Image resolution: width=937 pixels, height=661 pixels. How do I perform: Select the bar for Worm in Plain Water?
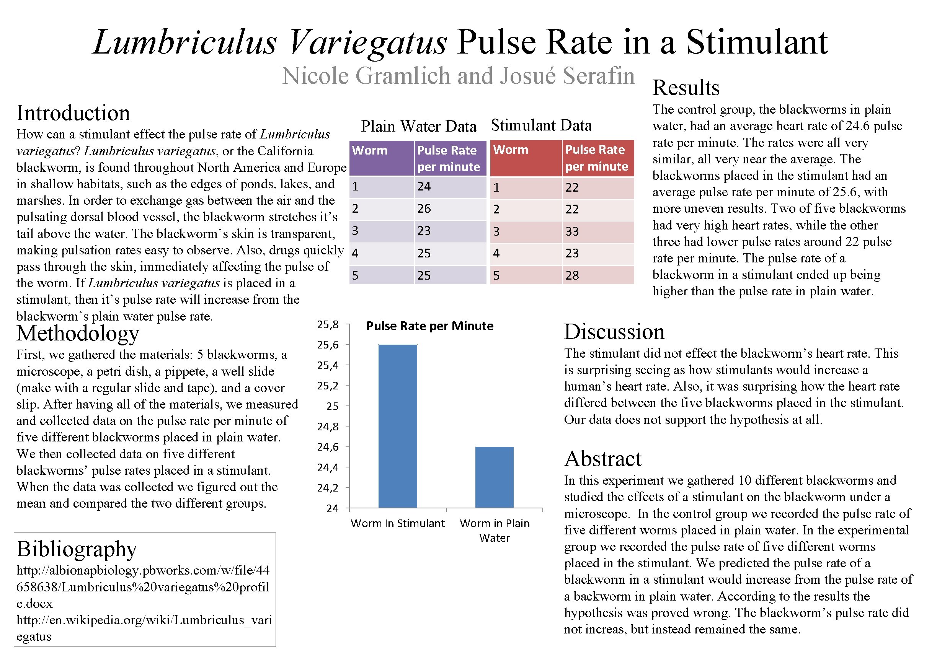click(x=494, y=477)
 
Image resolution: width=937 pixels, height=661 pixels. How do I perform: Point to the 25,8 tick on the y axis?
click(x=328, y=325)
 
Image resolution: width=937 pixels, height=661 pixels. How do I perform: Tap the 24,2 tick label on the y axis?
click(x=328, y=488)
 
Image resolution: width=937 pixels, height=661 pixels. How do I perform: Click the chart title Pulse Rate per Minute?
click(x=429, y=326)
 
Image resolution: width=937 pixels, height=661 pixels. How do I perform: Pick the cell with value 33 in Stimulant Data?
click(x=572, y=231)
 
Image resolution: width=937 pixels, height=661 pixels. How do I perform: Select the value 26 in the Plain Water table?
click(x=424, y=209)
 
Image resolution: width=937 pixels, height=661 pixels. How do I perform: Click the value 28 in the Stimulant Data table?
click(x=572, y=276)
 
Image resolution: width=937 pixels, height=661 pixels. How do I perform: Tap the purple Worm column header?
click(x=370, y=150)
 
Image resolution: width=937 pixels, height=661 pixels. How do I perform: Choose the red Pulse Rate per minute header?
click(x=596, y=158)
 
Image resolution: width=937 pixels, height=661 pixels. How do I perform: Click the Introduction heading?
click(x=73, y=113)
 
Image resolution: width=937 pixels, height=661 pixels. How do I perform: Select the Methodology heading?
click(x=78, y=333)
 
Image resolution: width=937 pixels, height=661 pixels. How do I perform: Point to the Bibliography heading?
click(x=76, y=549)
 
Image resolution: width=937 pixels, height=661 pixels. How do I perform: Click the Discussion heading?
click(x=614, y=332)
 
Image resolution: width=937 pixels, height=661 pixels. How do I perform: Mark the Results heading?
click(x=686, y=88)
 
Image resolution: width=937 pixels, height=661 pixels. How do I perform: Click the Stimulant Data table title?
click(x=541, y=125)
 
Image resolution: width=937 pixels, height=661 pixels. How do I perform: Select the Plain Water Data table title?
click(x=418, y=126)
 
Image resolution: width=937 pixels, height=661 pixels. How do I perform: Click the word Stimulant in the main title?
click(x=757, y=42)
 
